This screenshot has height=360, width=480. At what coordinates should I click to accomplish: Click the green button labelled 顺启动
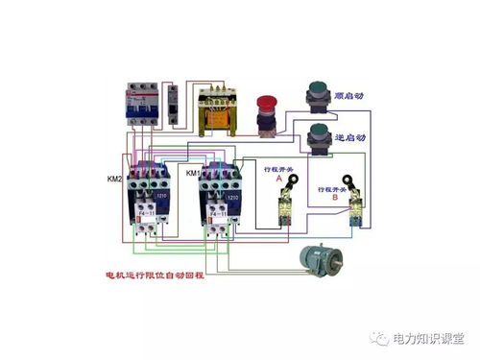point(317,95)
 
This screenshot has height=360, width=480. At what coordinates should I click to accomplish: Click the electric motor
point(320,257)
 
